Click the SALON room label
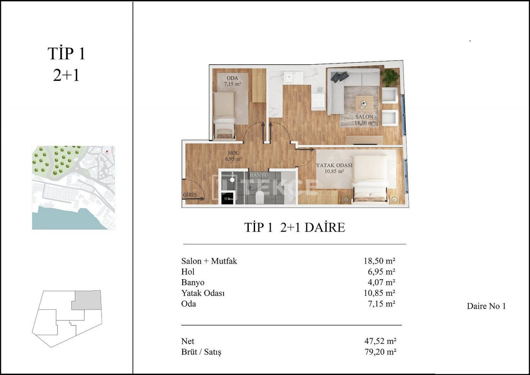click(x=364, y=117)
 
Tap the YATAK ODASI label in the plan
click(x=334, y=166)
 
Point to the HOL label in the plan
click(x=233, y=153)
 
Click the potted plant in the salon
click(x=390, y=78)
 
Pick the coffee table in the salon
click(x=364, y=102)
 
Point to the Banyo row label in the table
click(x=193, y=282)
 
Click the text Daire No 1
click(x=486, y=307)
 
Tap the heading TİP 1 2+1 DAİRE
click(x=294, y=227)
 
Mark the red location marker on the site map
click(x=107, y=152)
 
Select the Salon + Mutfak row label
click(x=209, y=261)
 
